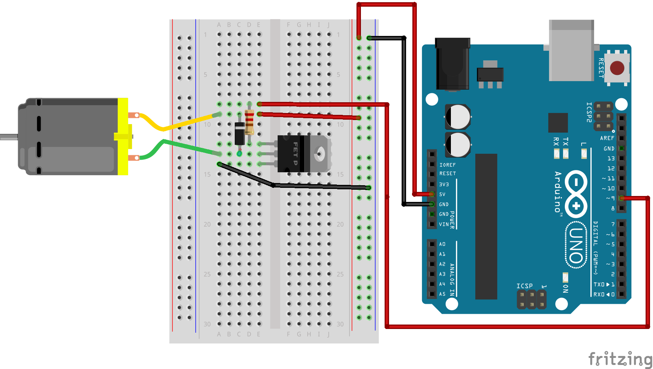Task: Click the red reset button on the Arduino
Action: coord(617,68)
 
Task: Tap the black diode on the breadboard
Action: coord(240,134)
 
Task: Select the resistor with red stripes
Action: coord(250,123)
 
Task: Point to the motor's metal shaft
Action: coord(9,137)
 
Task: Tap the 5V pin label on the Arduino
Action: coord(442,194)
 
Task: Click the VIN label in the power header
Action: coord(443,224)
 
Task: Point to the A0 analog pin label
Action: coord(442,244)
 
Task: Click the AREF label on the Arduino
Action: coord(607,138)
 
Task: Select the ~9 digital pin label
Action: coord(610,198)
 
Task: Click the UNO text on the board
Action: coord(576,245)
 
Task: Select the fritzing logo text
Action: coord(620,359)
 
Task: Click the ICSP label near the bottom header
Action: coord(524,286)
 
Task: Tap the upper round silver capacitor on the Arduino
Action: coord(458,117)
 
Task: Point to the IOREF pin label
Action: coord(447,165)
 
